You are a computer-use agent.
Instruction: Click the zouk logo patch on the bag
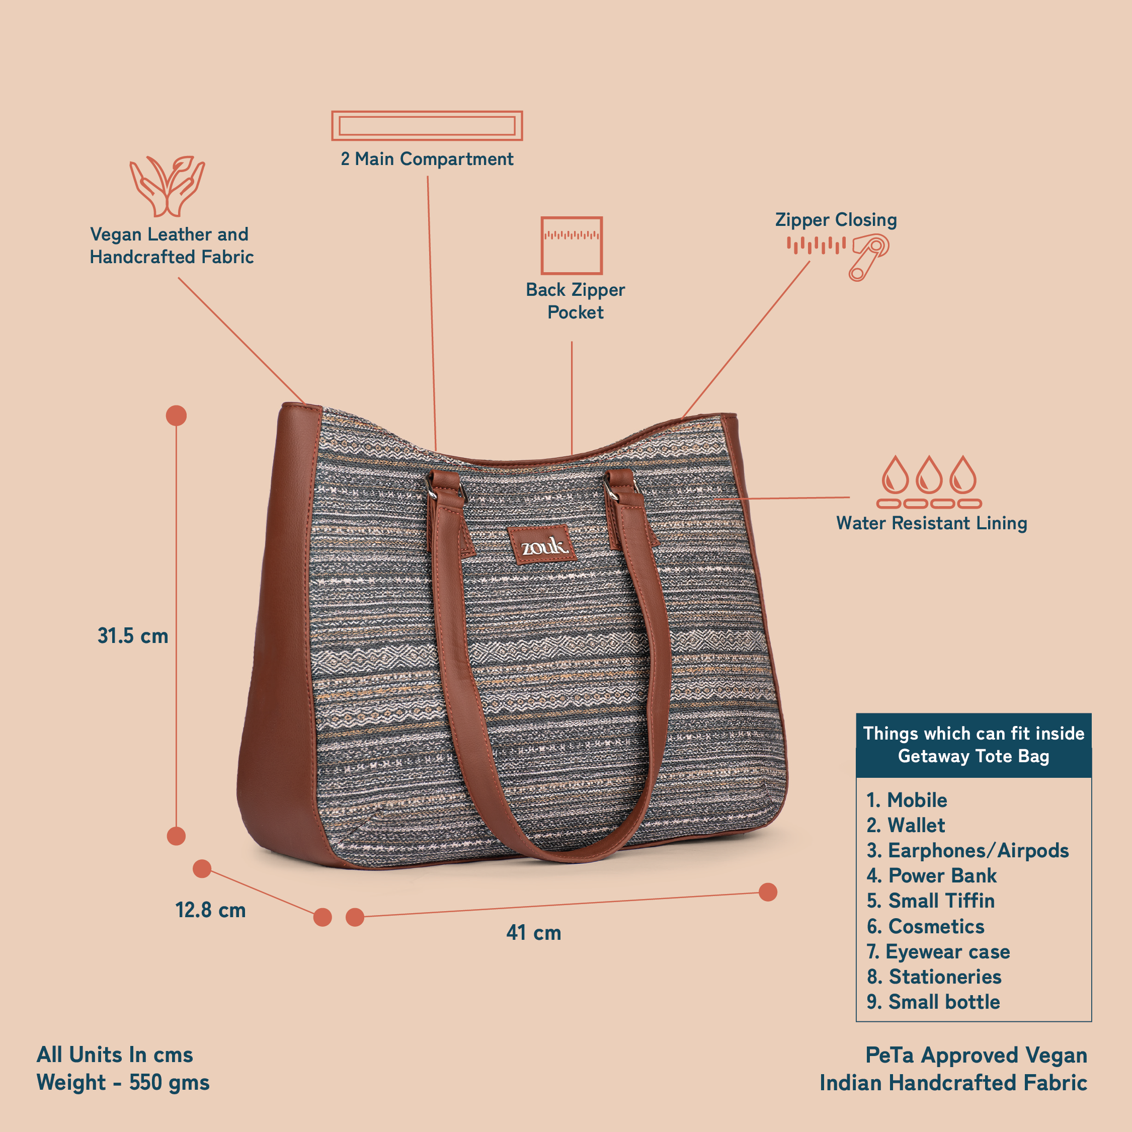pyautogui.click(x=542, y=545)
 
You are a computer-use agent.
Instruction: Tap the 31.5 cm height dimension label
pyautogui.click(x=133, y=636)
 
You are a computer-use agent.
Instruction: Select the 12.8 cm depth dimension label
pyautogui.click(x=210, y=910)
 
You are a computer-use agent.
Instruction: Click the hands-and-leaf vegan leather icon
pyautogui.click(x=168, y=186)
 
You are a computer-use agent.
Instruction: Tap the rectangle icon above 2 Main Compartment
pyautogui.click(x=427, y=125)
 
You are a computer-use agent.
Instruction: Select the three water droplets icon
pyautogui.click(x=929, y=481)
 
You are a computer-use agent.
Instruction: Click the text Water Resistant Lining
pyautogui.click(x=932, y=523)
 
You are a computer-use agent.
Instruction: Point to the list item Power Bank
pyautogui.click(x=932, y=875)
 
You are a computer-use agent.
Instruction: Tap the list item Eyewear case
pyautogui.click(x=938, y=951)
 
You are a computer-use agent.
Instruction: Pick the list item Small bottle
pyautogui.click(x=933, y=1002)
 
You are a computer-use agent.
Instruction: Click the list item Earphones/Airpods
pyautogui.click(x=968, y=850)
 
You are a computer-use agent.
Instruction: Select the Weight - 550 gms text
pyautogui.click(x=123, y=1082)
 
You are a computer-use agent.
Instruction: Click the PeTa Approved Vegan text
pyautogui.click(x=976, y=1055)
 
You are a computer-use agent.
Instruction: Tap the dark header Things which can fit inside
pyautogui.click(x=974, y=745)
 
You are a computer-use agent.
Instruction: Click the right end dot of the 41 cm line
pyautogui.click(x=768, y=893)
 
